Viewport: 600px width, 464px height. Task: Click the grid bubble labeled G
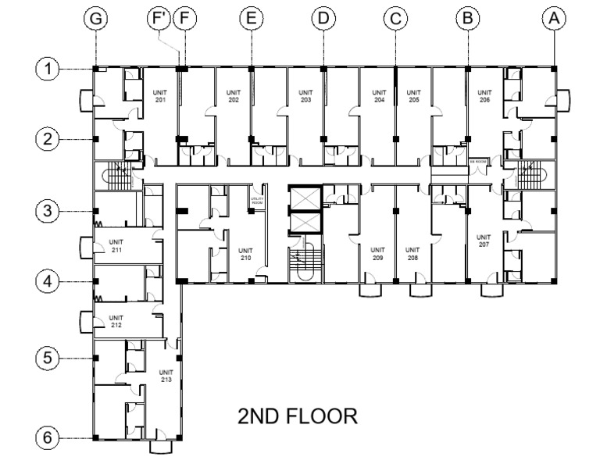[96, 18]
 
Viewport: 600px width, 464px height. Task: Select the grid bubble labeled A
[555, 18]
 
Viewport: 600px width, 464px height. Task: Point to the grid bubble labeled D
[323, 18]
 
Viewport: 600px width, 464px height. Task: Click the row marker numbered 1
[48, 70]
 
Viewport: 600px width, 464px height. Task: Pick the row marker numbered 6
[48, 438]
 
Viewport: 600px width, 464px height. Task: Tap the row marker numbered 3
[48, 211]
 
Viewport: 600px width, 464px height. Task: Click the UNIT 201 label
[159, 96]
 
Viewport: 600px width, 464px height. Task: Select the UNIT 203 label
[305, 96]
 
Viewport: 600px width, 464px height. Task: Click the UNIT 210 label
[245, 255]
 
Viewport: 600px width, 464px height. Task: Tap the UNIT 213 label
[166, 376]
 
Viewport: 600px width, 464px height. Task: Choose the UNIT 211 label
[116, 245]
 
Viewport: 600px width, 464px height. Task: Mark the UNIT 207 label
[484, 241]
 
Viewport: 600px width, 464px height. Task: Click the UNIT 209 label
[378, 255]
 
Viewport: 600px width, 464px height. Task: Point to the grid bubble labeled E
[250, 18]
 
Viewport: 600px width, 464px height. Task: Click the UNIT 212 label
[116, 321]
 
